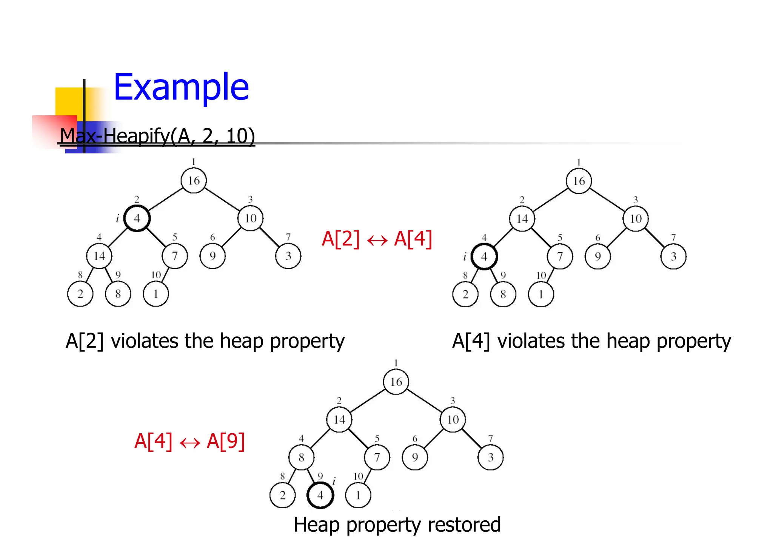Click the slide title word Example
pos(181,87)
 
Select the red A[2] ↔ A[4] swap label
pos(377,239)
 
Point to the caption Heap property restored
pos(397,525)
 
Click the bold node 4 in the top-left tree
pos(137,218)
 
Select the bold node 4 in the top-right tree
pos(484,256)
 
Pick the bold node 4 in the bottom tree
pos(320,495)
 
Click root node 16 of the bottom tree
pos(396,382)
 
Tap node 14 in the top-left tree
pos(99,256)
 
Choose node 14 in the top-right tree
pos(522,219)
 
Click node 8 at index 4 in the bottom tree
pos(301,457)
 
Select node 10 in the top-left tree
pos(251,218)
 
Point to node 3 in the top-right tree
pos(673,256)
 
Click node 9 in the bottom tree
pos(415,457)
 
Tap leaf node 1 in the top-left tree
pos(156,294)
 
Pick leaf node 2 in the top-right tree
pos(465,294)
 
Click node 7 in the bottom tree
pos(377,457)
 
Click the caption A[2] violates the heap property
pos(205,341)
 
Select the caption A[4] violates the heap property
pos(591,341)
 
